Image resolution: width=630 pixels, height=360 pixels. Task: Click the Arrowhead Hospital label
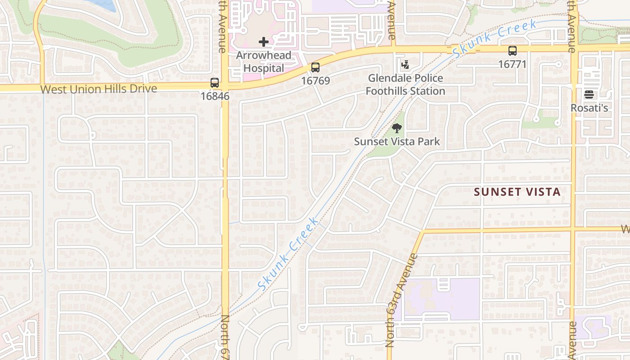coord(264,62)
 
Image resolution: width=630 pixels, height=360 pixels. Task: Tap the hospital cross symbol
coord(264,42)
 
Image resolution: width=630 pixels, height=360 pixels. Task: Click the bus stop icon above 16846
coord(215,83)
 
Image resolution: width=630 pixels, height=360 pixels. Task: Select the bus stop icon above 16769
coord(315,67)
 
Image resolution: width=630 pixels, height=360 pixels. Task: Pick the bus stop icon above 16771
coord(512,51)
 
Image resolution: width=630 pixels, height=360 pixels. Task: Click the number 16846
coord(215,96)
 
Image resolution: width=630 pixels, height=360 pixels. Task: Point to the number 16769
coord(315,81)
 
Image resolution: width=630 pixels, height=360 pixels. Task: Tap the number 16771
coord(512,64)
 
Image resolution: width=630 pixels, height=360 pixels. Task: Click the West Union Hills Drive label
coord(99,89)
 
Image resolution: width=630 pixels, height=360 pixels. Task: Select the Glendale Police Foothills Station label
coord(405,85)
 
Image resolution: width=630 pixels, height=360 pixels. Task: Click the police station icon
coord(405,65)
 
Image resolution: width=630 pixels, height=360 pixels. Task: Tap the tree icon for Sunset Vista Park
coord(396,128)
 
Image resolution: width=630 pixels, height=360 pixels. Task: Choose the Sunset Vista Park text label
coord(397,141)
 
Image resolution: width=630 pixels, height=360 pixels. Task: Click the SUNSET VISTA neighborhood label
coord(517,192)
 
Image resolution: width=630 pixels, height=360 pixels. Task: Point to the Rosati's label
coord(589,108)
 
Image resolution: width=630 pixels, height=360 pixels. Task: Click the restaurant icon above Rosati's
coord(589,94)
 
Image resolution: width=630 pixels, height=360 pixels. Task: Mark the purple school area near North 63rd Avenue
coord(441,299)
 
